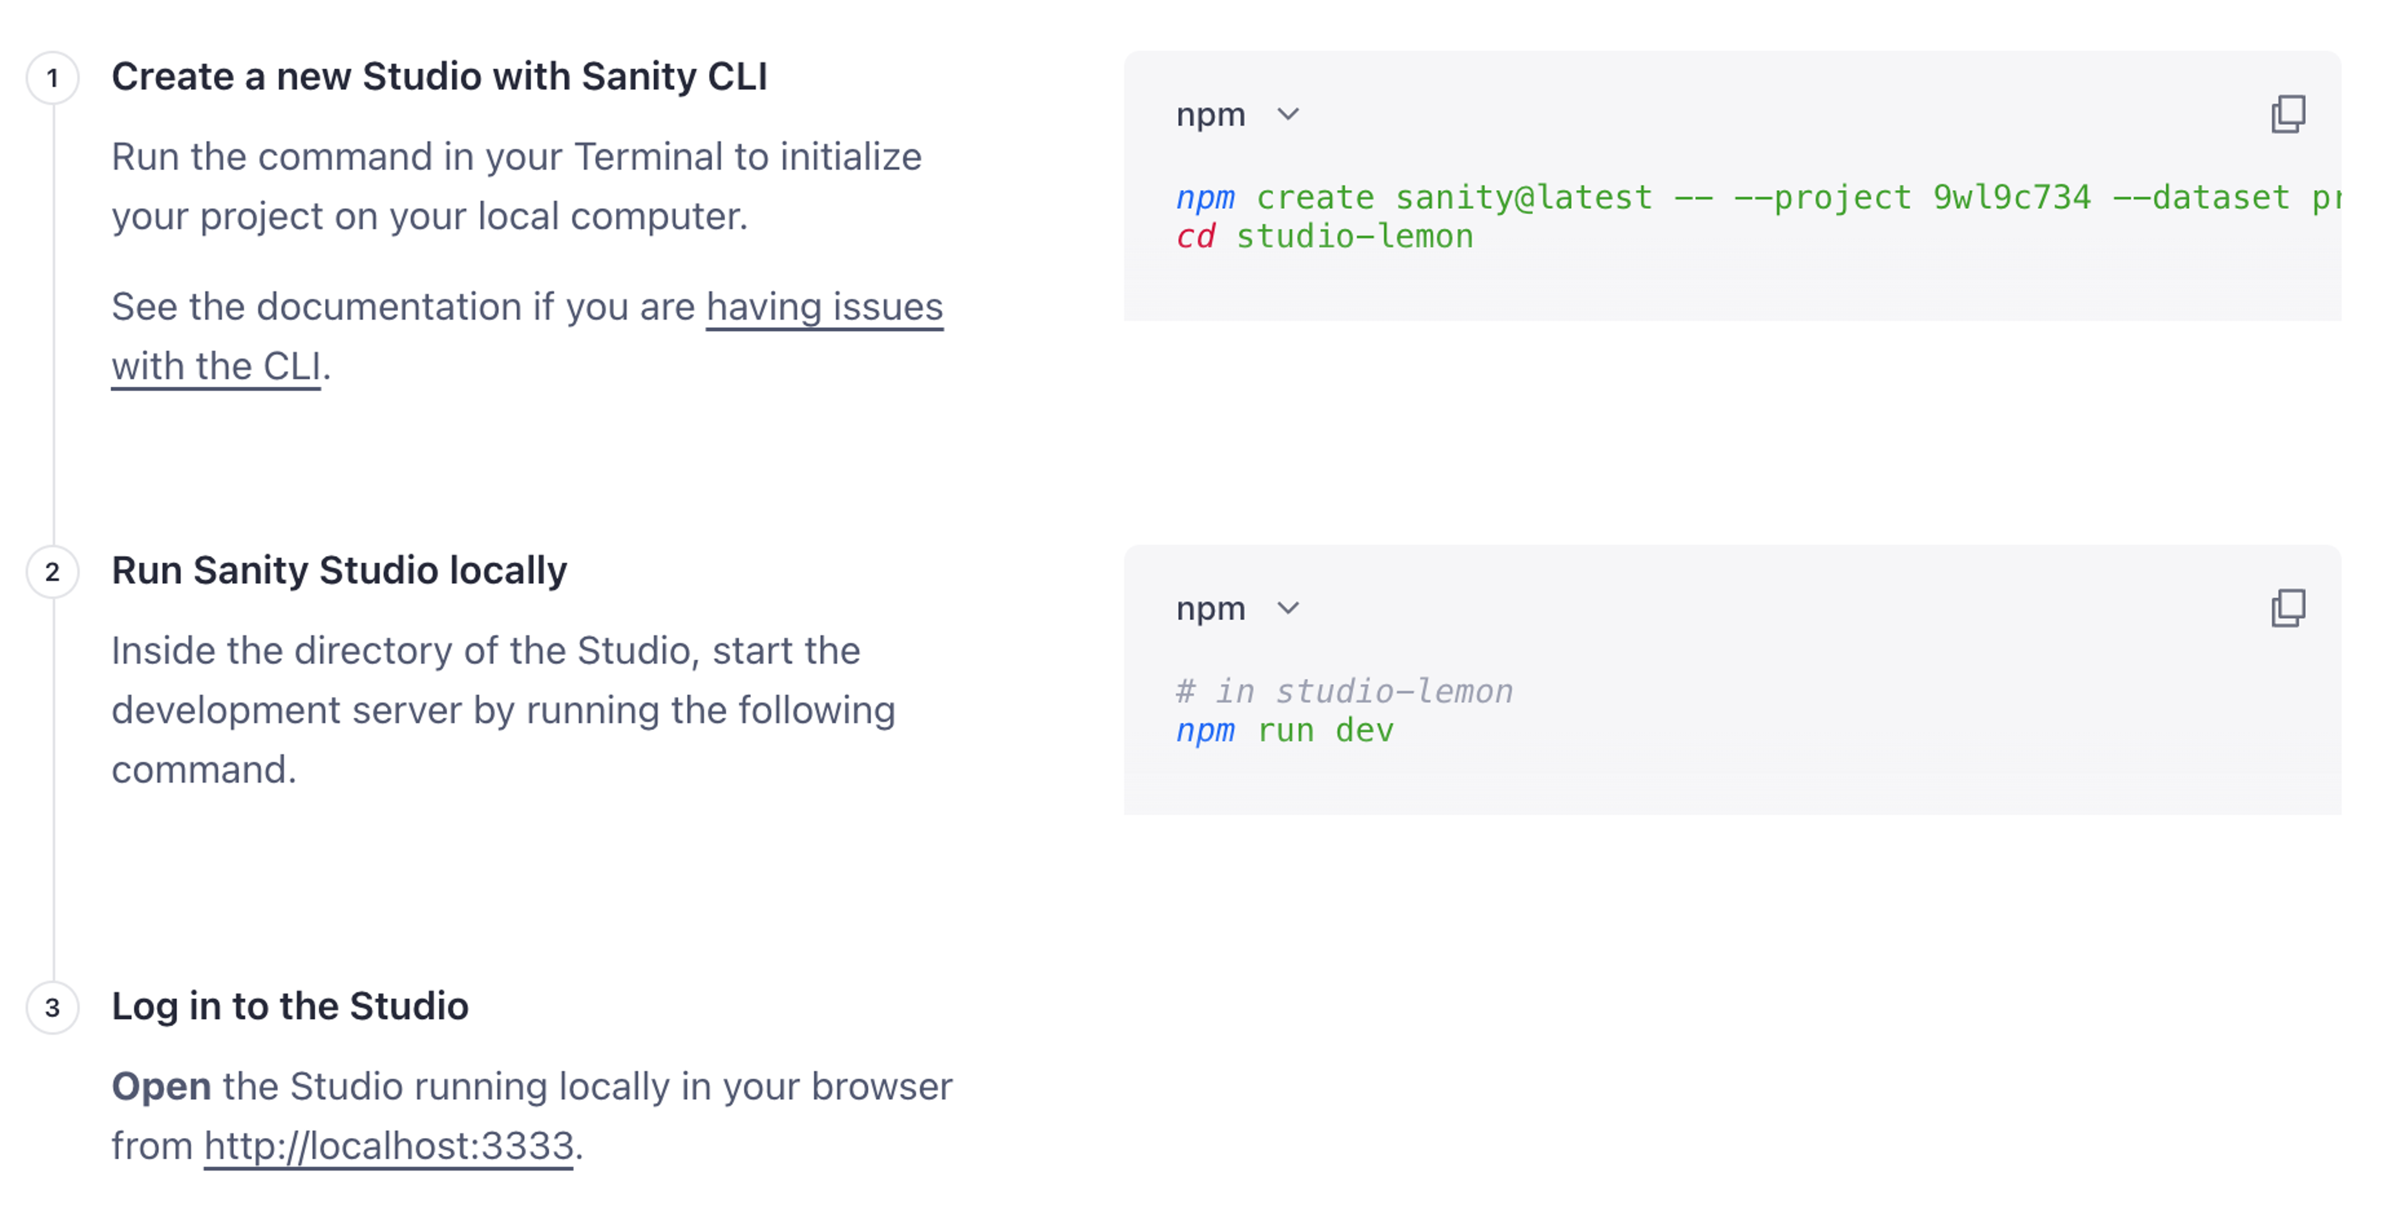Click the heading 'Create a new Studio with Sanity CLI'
click(x=439, y=76)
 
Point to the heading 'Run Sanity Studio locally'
click(x=340, y=571)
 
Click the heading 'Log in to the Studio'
click(x=290, y=1006)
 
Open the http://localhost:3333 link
click(x=389, y=1146)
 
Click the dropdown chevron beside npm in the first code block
click(x=1288, y=114)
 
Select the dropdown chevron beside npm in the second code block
click(x=1288, y=609)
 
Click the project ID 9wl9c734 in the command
click(x=2011, y=198)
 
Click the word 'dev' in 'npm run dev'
click(x=1364, y=731)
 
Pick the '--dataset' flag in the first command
click(x=2201, y=198)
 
